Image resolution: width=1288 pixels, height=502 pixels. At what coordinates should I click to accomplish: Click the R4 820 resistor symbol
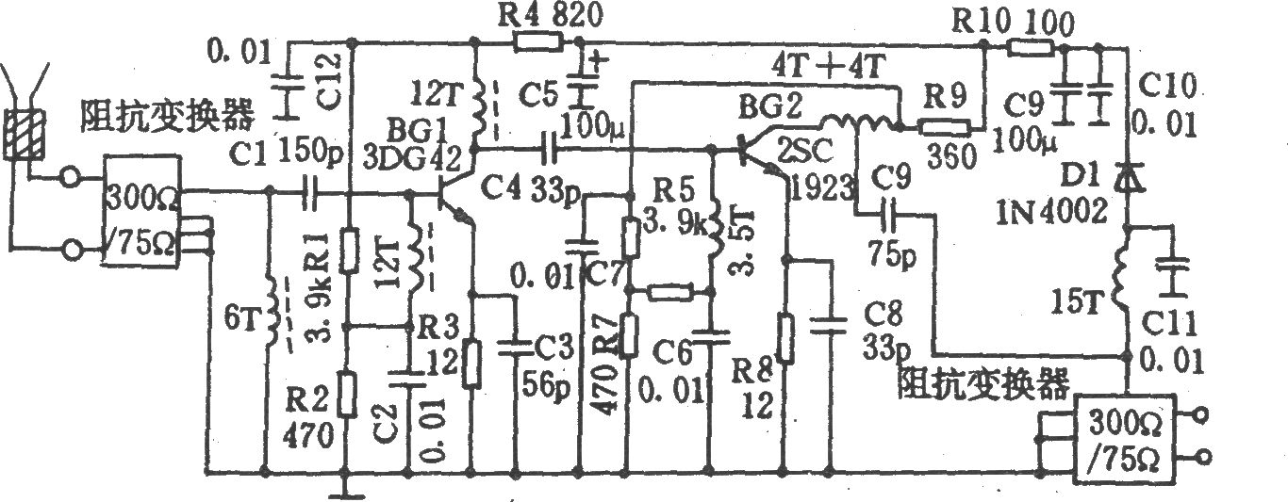538,41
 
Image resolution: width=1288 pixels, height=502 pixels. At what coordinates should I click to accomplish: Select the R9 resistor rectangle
943,127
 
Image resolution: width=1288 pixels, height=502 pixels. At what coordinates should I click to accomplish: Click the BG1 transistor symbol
454,195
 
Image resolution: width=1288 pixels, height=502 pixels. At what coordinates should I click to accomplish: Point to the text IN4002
1051,211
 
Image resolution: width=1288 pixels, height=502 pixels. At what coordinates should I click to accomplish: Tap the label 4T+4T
828,67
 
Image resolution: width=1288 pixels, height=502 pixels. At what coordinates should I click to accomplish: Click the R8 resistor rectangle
784,337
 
